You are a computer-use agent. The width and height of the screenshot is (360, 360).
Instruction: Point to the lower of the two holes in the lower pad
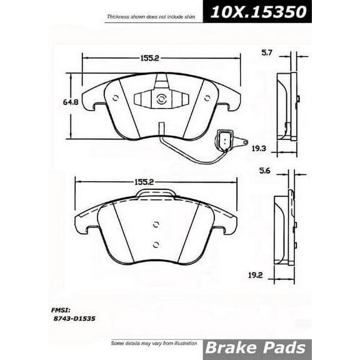click(x=156, y=244)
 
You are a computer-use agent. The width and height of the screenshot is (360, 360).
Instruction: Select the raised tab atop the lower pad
click(x=155, y=194)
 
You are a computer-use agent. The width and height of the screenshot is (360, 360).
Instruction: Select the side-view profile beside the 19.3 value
click(x=287, y=106)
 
